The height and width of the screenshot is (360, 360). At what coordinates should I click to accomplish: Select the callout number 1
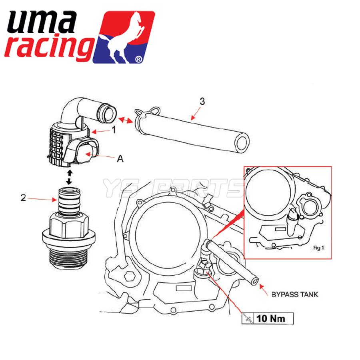click(114, 130)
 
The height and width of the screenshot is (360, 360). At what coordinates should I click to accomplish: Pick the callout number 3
click(202, 102)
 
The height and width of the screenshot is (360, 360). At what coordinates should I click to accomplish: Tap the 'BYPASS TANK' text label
click(295, 294)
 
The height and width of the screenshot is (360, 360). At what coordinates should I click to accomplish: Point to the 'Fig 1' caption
click(318, 248)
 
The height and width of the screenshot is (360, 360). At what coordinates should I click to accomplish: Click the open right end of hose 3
click(242, 143)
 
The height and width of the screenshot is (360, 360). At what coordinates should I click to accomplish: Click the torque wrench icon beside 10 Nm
click(248, 319)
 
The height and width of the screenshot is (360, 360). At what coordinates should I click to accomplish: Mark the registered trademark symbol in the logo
click(138, 60)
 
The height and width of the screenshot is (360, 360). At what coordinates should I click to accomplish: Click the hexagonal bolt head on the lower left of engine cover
click(130, 276)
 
